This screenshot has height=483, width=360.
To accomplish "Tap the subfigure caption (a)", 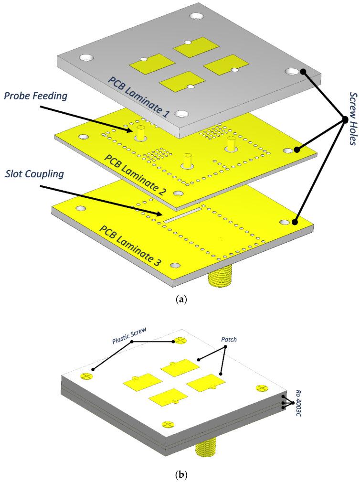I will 180,300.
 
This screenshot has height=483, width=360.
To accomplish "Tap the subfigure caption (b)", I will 180,475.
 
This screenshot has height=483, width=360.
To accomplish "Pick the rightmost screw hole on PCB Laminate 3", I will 286,223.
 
